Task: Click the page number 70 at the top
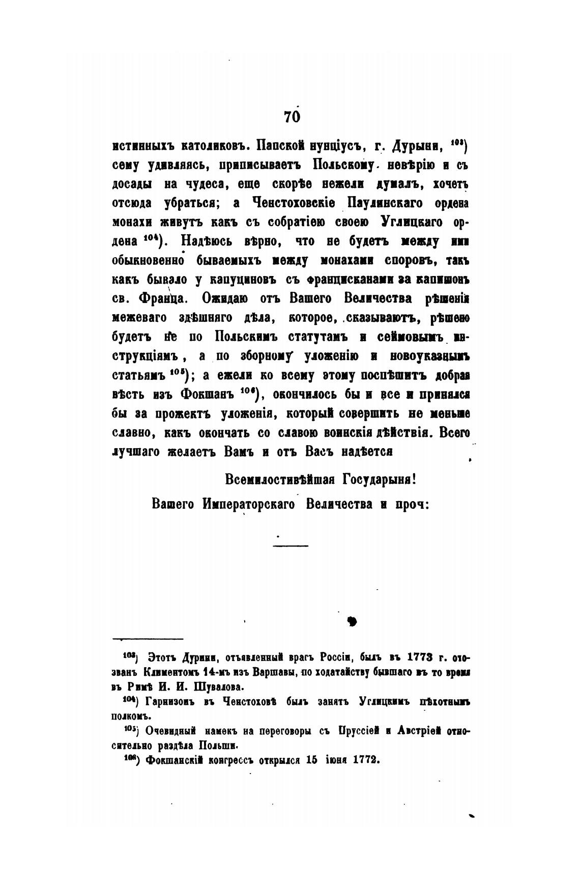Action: tap(292, 117)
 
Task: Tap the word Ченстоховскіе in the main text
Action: tap(294, 203)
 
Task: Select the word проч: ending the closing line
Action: tap(413, 505)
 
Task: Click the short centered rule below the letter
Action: tap(291, 546)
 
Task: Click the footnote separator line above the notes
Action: tap(148, 638)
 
